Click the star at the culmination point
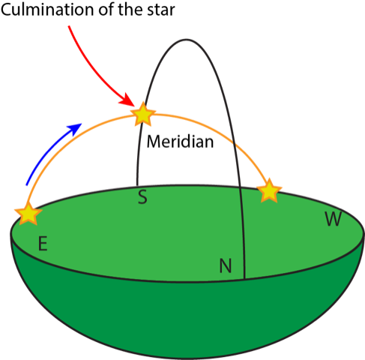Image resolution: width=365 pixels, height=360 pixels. (x=143, y=114)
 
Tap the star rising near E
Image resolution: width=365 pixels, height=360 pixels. (x=28, y=214)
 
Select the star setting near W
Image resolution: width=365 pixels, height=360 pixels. (x=269, y=190)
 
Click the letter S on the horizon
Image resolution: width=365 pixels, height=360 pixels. (x=142, y=197)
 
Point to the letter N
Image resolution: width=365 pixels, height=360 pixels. (x=226, y=265)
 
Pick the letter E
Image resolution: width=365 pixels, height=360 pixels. (x=43, y=244)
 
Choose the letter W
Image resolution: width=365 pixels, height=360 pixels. (x=334, y=219)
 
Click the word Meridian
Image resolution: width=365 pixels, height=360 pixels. (x=180, y=142)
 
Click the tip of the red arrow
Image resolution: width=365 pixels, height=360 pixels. (x=134, y=106)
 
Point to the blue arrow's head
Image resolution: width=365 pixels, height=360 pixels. (x=76, y=128)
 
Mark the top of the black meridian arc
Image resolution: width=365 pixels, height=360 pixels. (x=186, y=40)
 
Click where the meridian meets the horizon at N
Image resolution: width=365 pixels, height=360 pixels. (x=244, y=278)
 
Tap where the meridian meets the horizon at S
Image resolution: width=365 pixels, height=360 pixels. (x=137, y=185)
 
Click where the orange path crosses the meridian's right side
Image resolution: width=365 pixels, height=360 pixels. (x=234, y=144)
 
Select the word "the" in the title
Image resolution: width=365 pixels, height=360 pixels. (x=131, y=10)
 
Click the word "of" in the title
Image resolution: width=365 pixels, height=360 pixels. (x=107, y=10)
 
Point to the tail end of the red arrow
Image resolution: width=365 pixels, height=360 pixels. (x=69, y=26)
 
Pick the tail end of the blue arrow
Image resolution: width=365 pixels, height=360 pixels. (x=27, y=185)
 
